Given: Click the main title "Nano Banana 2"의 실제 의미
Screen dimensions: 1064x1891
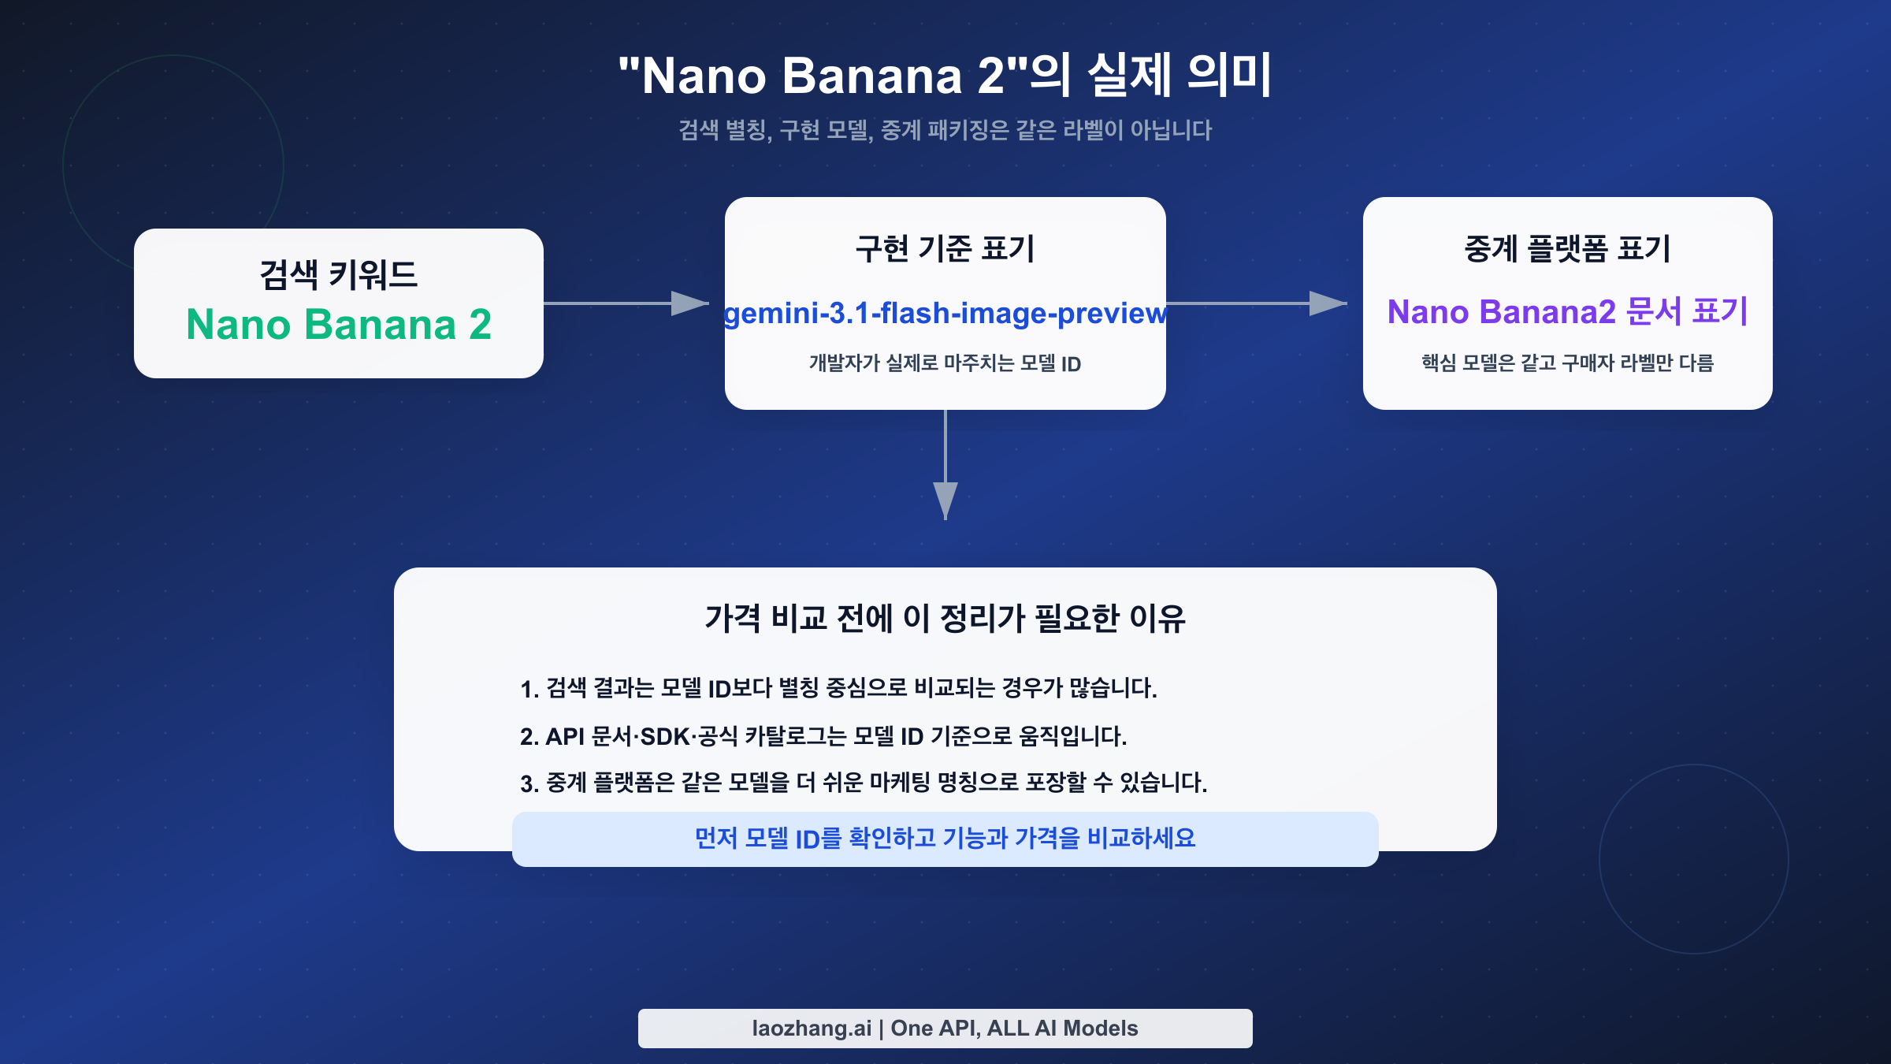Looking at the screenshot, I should coord(945,76).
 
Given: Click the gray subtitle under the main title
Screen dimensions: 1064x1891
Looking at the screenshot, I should coord(945,130).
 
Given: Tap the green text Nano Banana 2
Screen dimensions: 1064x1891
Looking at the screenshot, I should coord(339,324).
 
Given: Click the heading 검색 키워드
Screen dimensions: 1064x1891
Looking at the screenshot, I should coord(339,275).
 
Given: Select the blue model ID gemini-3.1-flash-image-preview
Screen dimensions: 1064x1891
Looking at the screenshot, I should coord(945,314).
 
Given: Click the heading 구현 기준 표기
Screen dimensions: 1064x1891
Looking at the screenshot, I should coord(945,249).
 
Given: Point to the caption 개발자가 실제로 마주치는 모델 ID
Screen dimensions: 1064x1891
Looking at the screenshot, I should coord(945,363).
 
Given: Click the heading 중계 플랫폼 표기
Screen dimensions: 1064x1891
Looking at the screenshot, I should coord(1567,249).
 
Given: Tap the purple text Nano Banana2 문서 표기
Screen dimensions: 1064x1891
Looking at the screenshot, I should coord(1567,312).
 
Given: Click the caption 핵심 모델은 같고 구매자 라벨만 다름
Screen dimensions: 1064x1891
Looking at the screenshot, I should coord(1567,363).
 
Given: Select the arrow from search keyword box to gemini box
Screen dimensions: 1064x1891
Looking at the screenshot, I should coord(626,303).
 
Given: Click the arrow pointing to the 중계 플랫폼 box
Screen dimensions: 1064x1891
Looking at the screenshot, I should coord(1257,303).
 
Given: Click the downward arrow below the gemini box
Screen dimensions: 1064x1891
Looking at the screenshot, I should coord(945,465).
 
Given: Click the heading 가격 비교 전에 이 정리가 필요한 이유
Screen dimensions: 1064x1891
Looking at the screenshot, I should coord(945,618).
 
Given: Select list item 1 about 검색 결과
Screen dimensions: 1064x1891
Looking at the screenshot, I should coord(838,688).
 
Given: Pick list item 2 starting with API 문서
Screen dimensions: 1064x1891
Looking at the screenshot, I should coord(823,736).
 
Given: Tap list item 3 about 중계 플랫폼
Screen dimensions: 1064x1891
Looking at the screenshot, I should coord(864,783).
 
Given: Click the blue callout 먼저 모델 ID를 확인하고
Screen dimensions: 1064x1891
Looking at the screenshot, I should coord(945,839).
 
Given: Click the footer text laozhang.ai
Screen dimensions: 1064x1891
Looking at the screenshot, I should coord(812,1029).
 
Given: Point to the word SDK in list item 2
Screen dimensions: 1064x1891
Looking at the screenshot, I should coord(665,737).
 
